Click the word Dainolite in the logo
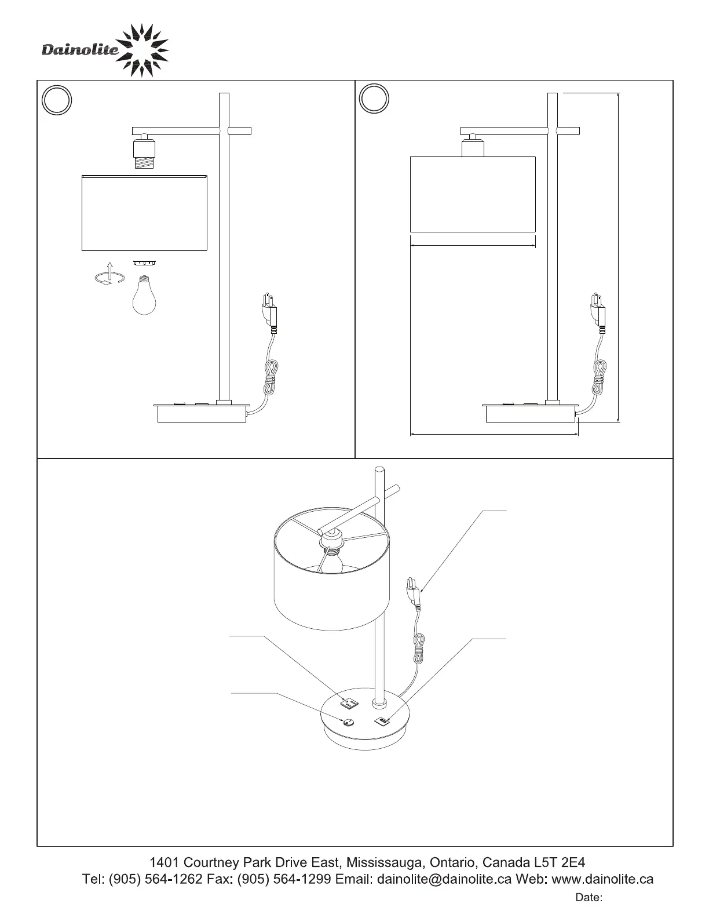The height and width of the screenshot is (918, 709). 80,51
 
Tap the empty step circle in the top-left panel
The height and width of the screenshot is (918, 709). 57,100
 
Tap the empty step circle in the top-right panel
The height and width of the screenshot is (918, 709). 374,99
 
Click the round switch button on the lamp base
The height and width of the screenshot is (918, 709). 348,722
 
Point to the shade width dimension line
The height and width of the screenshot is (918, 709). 472,246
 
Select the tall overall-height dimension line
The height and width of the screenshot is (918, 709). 619,257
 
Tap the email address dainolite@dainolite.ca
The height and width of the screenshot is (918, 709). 444,879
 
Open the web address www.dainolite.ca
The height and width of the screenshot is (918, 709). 602,879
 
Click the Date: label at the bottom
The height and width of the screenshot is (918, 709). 589,898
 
